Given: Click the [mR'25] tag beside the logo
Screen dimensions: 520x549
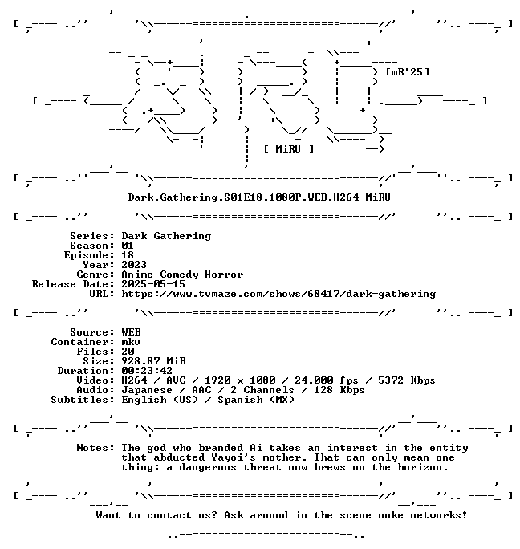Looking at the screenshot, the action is point(407,72).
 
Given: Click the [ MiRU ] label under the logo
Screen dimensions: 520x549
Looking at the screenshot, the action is point(289,149).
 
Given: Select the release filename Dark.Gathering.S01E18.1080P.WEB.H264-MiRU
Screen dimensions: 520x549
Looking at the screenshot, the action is point(259,197).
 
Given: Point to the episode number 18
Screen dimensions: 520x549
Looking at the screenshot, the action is point(128,255).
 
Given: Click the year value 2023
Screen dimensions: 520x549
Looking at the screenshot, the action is point(134,265).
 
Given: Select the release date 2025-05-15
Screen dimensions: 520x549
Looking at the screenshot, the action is point(153,284).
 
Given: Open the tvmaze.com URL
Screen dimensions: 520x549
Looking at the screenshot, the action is point(278,294).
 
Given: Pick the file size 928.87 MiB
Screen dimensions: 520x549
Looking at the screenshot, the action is point(153,361).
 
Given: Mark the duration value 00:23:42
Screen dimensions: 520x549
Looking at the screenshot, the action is point(147,371).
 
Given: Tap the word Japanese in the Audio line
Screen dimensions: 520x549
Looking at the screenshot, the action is point(147,390).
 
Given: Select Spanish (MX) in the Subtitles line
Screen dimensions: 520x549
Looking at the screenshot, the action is point(256,400).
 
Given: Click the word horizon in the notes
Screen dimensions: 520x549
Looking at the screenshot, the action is point(423,467).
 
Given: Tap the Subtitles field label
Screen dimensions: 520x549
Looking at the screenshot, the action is point(83,400).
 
